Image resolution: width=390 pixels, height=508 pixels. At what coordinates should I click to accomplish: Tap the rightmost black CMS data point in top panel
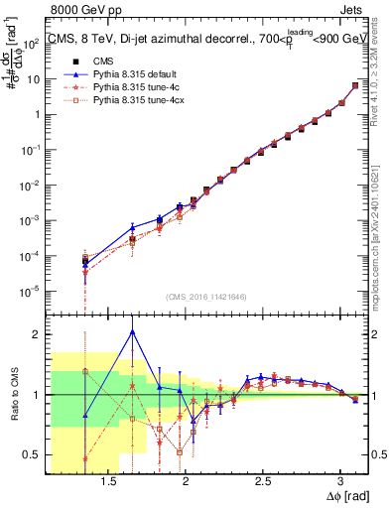(x=355, y=86)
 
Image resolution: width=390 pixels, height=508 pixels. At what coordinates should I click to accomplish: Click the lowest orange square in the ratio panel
(x=180, y=452)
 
